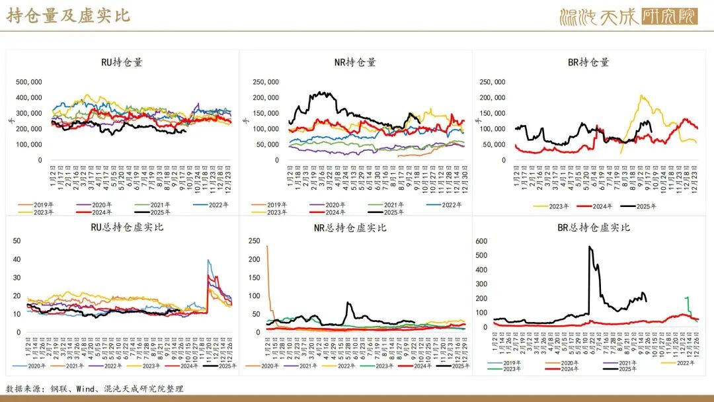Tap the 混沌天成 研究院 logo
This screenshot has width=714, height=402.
tap(628, 17)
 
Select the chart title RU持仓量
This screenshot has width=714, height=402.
tap(122, 63)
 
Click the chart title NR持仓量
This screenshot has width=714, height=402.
tap(355, 63)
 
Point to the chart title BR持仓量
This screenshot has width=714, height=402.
tap(588, 63)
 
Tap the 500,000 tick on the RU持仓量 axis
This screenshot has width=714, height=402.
tap(29, 82)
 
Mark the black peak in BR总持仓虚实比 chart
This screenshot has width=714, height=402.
tap(589, 247)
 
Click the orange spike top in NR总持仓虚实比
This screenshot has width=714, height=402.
tap(267, 246)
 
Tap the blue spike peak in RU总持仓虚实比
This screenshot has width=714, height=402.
tap(208, 261)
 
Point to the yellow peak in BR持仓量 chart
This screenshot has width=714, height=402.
tap(641, 96)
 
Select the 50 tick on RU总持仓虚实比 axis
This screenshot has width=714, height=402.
tap(17, 241)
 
